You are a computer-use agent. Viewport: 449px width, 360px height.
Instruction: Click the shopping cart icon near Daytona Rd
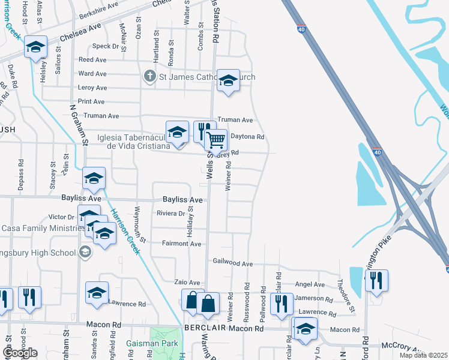tap(216, 140)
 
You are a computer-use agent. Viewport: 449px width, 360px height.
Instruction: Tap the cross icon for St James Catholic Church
tap(149, 77)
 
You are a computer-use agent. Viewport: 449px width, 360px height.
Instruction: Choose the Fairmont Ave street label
tap(181, 244)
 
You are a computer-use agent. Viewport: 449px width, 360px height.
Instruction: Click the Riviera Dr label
tap(170, 213)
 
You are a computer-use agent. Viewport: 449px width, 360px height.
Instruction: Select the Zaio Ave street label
tap(186, 282)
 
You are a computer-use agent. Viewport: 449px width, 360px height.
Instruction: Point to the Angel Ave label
tap(310, 284)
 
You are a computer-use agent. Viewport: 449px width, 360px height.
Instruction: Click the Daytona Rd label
tap(247, 137)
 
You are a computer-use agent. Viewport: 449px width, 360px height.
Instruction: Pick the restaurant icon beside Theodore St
tap(376, 280)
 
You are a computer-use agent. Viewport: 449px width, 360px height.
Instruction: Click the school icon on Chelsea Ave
tap(35, 47)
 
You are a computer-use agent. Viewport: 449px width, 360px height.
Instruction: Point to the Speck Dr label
tap(106, 46)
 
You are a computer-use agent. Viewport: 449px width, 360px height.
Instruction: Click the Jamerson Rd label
tap(312, 298)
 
